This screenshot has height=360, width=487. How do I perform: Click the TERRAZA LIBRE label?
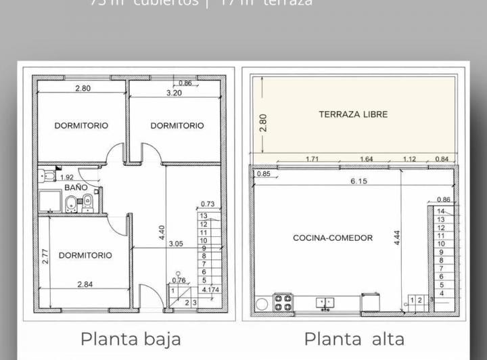353,114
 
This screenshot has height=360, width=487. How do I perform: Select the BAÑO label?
76,187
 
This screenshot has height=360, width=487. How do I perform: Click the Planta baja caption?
131,338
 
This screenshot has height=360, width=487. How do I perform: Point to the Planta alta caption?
354,338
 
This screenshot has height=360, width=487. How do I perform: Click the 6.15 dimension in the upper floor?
358,181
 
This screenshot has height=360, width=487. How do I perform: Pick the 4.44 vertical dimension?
398,238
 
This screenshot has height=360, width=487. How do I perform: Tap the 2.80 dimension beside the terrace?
263,122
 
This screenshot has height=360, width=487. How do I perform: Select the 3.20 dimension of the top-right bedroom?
174,93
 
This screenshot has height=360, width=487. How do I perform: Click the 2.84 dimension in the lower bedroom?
85,284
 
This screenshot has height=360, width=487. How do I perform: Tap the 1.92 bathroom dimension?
66,177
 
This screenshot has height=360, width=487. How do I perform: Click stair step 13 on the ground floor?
203,216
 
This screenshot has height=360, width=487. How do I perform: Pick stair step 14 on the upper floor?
441,212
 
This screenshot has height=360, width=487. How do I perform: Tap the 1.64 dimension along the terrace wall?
366,159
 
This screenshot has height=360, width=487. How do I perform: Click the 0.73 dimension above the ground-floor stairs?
207,204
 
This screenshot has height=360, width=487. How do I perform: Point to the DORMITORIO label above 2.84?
85,255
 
